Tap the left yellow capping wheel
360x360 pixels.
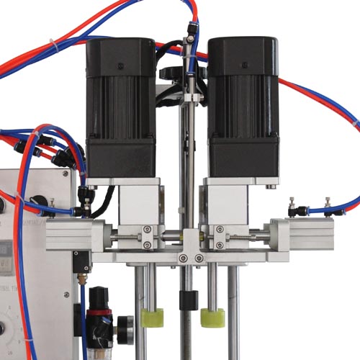153,318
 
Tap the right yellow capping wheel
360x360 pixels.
212,318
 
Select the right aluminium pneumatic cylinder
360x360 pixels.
302,235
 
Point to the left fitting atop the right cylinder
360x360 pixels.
292,208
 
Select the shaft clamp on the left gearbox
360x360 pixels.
148,237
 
